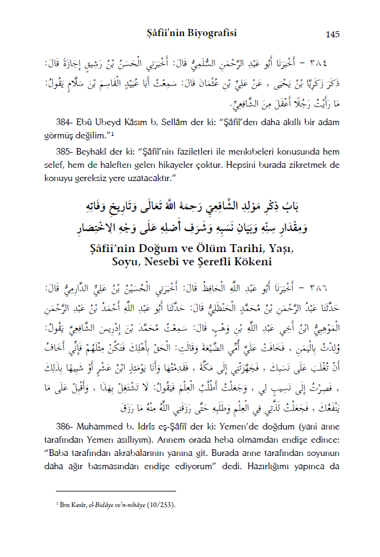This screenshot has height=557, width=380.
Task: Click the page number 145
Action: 333,34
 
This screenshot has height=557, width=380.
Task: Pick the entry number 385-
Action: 64,150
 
